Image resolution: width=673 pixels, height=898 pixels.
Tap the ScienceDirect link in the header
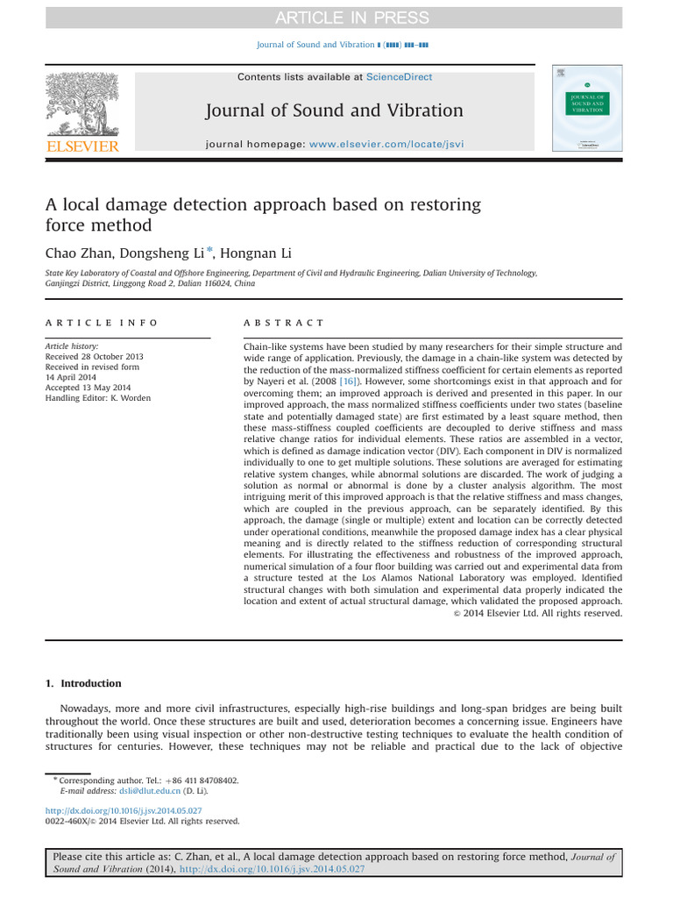tap(399, 77)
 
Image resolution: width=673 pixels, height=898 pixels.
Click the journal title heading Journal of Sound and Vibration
tap(334, 110)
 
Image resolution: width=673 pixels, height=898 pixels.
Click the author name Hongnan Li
tap(257, 253)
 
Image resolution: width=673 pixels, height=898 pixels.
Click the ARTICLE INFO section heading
tap(102, 323)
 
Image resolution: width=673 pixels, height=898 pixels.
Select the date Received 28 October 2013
tap(94, 357)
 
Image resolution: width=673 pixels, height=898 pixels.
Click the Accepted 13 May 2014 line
tap(88, 388)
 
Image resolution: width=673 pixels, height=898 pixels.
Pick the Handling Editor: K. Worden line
tap(97, 398)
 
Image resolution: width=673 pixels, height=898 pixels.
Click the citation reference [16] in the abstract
tap(348, 381)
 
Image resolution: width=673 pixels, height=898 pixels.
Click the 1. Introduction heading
tap(83, 683)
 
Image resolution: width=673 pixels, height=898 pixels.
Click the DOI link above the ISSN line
tap(124, 810)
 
